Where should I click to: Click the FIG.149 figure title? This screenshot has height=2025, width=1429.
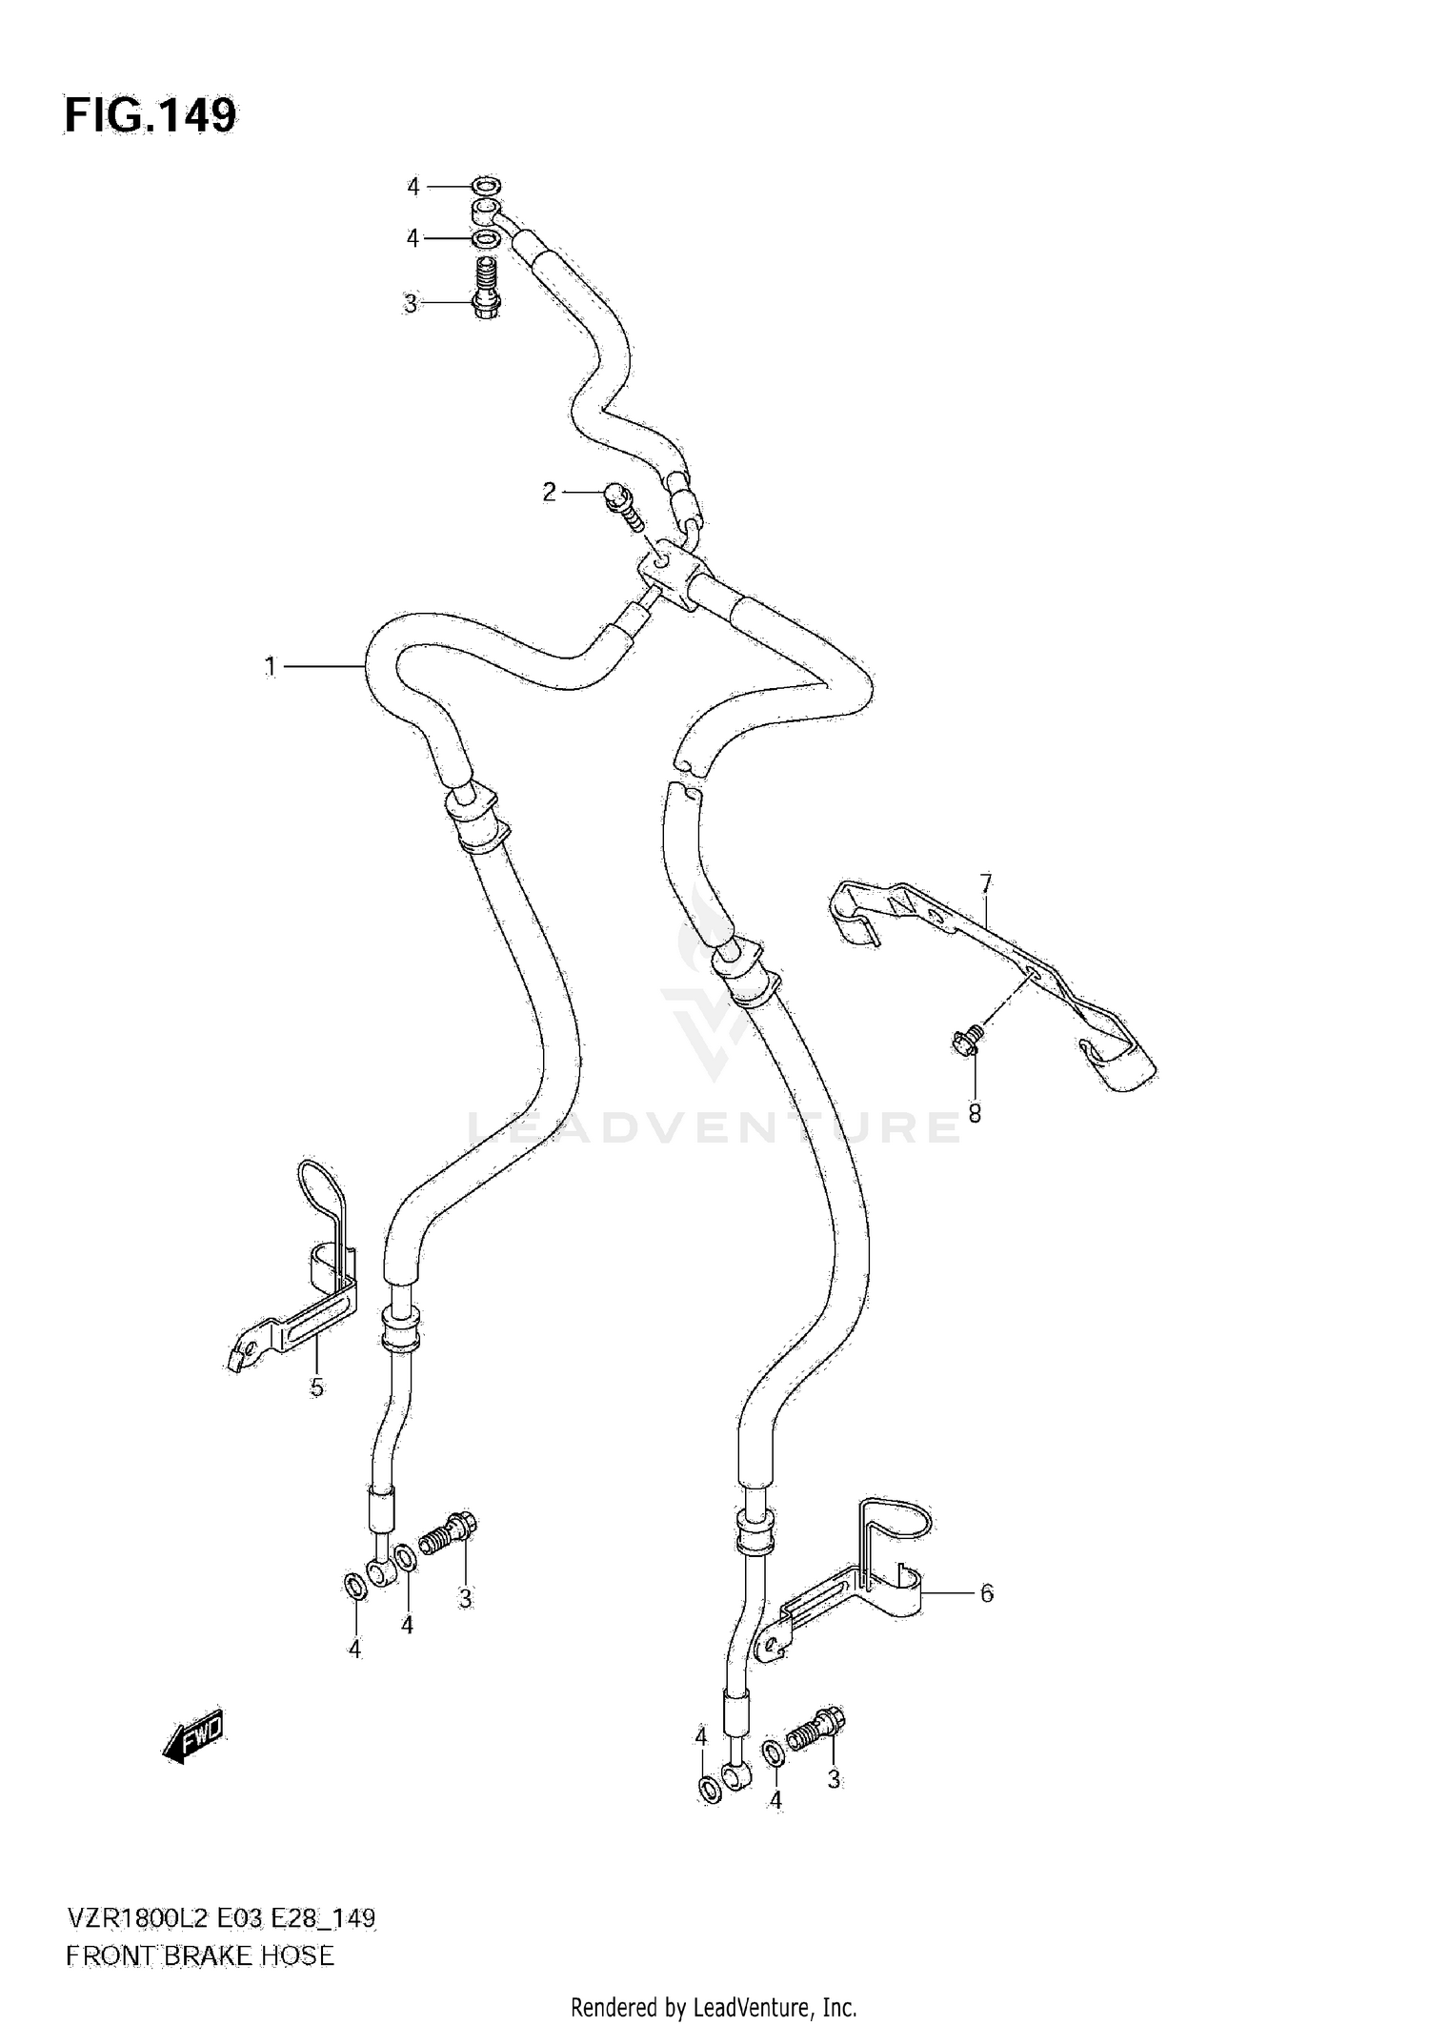[151, 116]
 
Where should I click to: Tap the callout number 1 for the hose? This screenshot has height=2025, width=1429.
[271, 667]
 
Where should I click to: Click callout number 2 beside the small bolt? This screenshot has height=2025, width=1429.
[549, 493]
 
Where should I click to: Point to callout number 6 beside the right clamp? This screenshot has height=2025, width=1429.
[987, 1592]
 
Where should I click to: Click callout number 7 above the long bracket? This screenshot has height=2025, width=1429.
[986, 883]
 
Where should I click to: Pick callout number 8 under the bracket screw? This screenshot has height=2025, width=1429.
[975, 1113]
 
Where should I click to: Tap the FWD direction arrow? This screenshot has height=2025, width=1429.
[194, 1743]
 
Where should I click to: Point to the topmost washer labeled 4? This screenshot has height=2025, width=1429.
[487, 186]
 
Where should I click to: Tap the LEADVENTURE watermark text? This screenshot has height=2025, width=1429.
[714, 1127]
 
